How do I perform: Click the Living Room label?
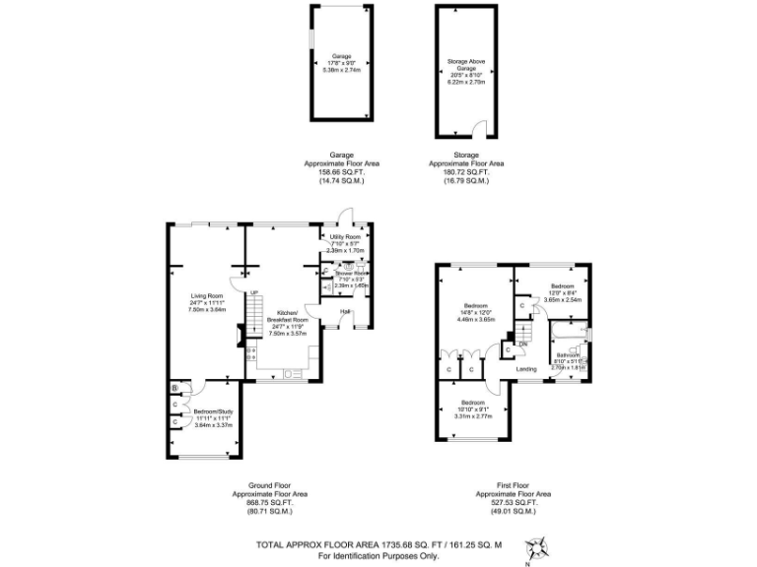pos(207,295)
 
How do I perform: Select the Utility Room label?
pos(346,237)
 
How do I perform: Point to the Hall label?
pos(345,312)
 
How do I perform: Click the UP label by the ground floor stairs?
pos(252,293)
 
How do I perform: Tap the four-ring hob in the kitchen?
pos(250,352)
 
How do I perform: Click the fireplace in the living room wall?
pos(241,339)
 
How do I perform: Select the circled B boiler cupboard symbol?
pos(174,389)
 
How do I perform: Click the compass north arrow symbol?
pos(539,547)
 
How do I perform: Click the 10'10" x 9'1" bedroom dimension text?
pos(473,416)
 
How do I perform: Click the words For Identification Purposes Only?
pos(378,556)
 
